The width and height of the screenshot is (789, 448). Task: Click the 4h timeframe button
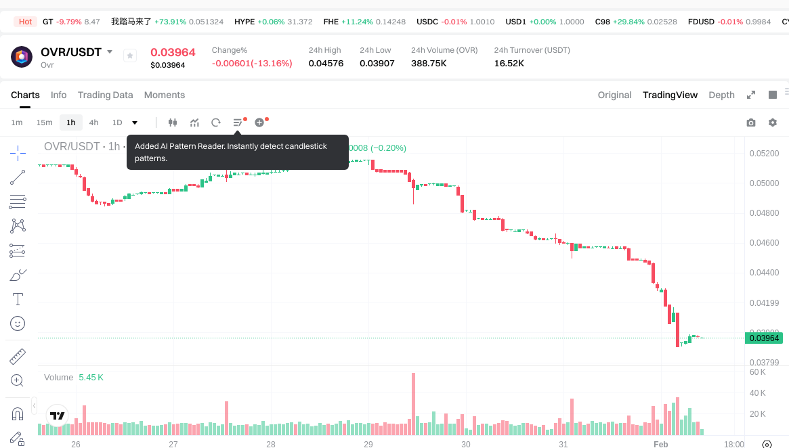[93, 122]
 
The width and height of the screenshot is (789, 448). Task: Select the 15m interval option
[44, 122]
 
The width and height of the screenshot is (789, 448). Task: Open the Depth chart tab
[721, 95]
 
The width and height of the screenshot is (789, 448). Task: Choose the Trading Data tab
[105, 95]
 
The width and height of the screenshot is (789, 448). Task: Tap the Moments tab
[165, 95]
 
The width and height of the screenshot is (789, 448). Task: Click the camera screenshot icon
[751, 122]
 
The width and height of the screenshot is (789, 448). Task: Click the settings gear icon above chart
[773, 122]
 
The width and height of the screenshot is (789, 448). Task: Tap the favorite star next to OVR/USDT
[130, 56]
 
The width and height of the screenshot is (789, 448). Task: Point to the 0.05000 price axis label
[764, 183]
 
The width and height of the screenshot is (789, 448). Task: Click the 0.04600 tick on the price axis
[764, 242]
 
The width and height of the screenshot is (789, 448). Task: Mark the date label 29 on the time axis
[368, 445]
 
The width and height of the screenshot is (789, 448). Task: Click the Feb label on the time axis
[660, 445]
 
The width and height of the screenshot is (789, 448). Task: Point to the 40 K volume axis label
[757, 393]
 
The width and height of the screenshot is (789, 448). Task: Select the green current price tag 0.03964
[765, 338]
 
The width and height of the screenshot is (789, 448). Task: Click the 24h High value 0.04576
[326, 63]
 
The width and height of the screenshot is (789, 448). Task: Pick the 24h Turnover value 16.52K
[509, 63]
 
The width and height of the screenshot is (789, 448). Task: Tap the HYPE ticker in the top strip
[244, 22]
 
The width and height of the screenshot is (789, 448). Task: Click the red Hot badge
[26, 22]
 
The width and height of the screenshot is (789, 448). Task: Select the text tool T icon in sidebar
[18, 299]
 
